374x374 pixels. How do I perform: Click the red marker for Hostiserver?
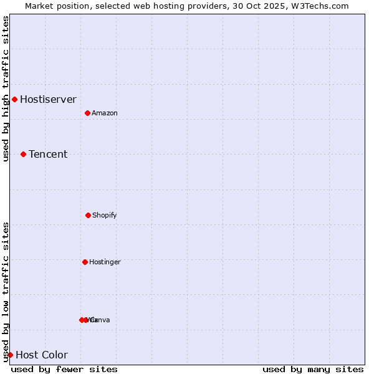click(x=14, y=99)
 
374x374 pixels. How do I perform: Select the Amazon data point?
click(x=87, y=113)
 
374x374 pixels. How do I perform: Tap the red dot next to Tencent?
click(x=23, y=154)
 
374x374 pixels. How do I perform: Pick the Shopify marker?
click(x=88, y=215)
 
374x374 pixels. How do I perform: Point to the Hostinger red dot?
click(x=85, y=262)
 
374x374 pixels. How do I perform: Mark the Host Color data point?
click(x=10, y=355)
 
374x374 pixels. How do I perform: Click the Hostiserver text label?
click(x=48, y=99)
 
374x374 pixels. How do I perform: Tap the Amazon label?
click(x=105, y=113)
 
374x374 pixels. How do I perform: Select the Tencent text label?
click(x=48, y=154)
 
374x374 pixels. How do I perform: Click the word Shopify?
click(x=105, y=215)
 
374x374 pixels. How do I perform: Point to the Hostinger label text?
click(x=105, y=262)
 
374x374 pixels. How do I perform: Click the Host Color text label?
click(x=42, y=355)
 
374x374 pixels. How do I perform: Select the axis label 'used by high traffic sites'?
click(x=6, y=89)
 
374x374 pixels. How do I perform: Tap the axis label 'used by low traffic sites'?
click(x=6, y=291)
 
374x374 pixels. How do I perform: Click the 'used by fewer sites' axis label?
click(x=64, y=369)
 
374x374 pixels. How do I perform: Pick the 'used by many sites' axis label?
click(x=313, y=369)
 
